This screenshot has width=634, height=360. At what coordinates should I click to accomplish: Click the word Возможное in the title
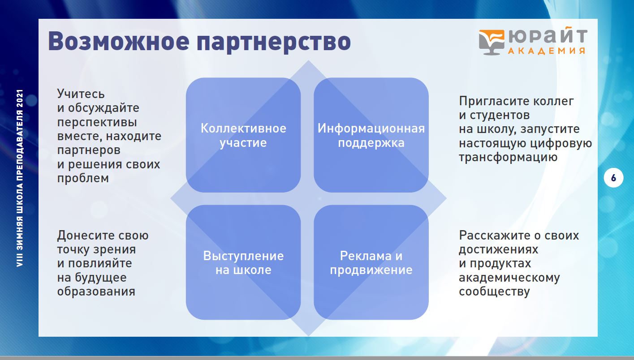119,41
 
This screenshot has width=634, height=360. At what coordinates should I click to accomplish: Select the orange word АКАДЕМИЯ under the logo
547,51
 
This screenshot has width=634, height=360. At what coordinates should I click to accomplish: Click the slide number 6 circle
613,178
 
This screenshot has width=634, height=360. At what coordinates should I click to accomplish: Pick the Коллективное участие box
243,135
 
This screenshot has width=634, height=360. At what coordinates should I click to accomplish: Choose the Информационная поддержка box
371,135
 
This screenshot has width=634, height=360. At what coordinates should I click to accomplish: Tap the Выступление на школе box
243,262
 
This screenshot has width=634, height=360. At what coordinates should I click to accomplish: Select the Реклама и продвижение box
371,262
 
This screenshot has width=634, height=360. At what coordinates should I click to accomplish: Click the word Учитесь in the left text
81,94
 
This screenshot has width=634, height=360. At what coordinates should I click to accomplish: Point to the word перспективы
97,122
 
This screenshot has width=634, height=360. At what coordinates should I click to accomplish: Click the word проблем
83,179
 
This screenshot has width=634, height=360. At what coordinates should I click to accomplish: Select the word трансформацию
508,158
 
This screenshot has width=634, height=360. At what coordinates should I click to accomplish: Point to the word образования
96,291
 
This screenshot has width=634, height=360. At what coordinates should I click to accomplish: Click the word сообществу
494,291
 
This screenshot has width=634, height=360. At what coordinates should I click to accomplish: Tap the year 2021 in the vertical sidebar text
20,98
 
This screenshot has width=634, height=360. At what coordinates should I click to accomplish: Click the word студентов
500,116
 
